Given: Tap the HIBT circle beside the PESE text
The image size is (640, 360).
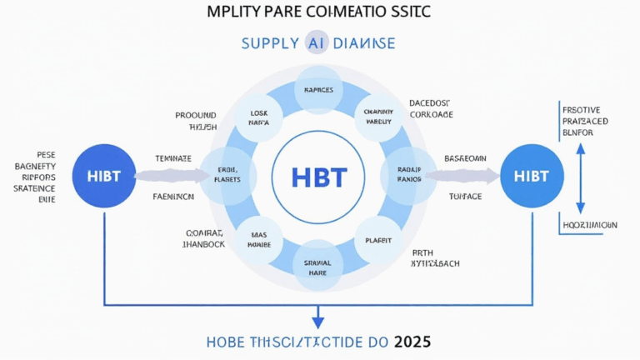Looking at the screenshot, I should pos(102,177).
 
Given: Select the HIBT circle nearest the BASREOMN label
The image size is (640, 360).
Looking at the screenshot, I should pos(532,177).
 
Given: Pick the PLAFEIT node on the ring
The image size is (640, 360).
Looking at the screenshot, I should pos(378,240).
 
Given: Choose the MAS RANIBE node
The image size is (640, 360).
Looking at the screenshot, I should pos(259,240).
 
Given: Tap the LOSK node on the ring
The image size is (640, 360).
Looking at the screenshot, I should pos(259,117).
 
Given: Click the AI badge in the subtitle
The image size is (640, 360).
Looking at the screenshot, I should pos(317,43).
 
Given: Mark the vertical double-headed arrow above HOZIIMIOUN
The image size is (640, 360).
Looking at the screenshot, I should pos(581,177).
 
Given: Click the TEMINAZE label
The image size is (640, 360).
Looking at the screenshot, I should pos(173,157).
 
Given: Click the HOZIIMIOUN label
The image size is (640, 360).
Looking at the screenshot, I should pos(587,225).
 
